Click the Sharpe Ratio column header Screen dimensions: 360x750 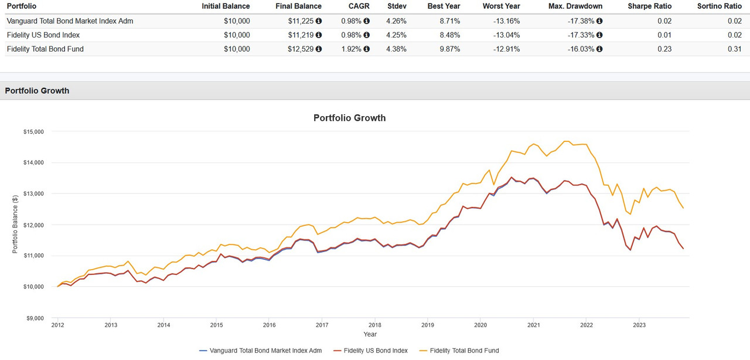649,6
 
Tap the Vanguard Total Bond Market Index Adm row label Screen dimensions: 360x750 70,21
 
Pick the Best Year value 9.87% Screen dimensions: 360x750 449,49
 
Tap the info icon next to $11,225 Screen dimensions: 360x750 319,21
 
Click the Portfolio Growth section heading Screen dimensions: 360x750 37,91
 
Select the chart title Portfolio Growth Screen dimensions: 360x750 349,118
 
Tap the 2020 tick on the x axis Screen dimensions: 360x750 480,325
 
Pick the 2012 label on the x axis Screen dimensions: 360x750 57,325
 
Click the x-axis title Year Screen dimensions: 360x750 370,334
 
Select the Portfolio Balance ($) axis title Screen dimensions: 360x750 15,225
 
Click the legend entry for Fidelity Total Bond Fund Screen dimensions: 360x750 463,351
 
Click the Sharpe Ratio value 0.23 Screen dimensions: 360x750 665,49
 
